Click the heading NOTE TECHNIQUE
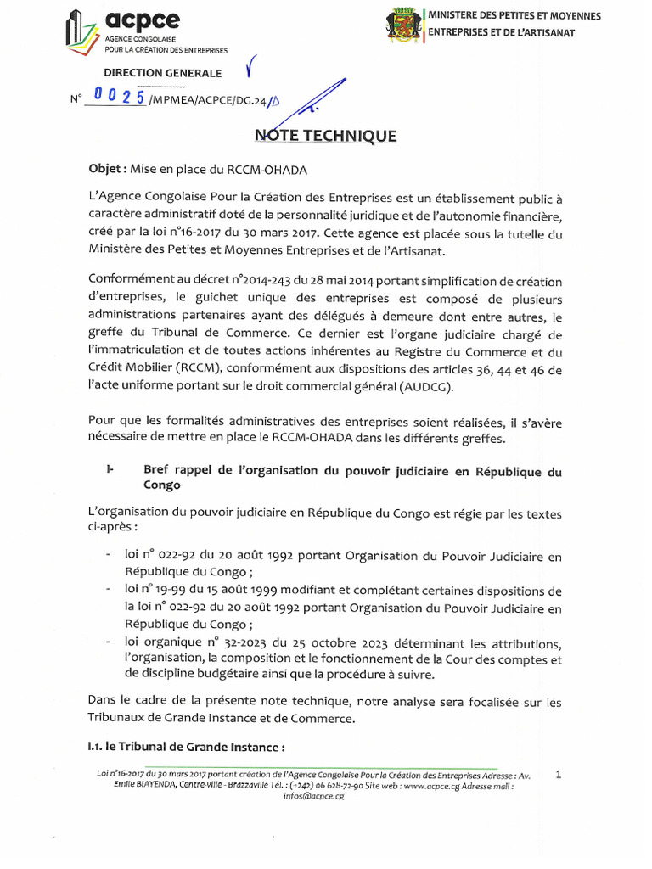pyautogui.click(x=326, y=136)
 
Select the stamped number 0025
pyautogui.click(x=115, y=98)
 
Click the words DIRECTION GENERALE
pyautogui.click(x=163, y=74)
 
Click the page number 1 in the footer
pyautogui.click(x=558, y=774)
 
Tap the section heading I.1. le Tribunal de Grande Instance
pyautogui.click(x=186, y=748)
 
